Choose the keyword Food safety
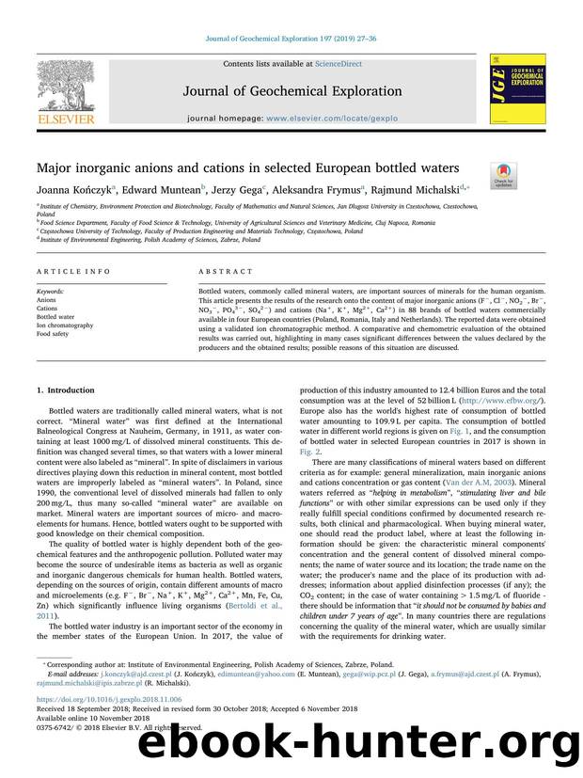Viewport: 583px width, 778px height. [53, 333]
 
